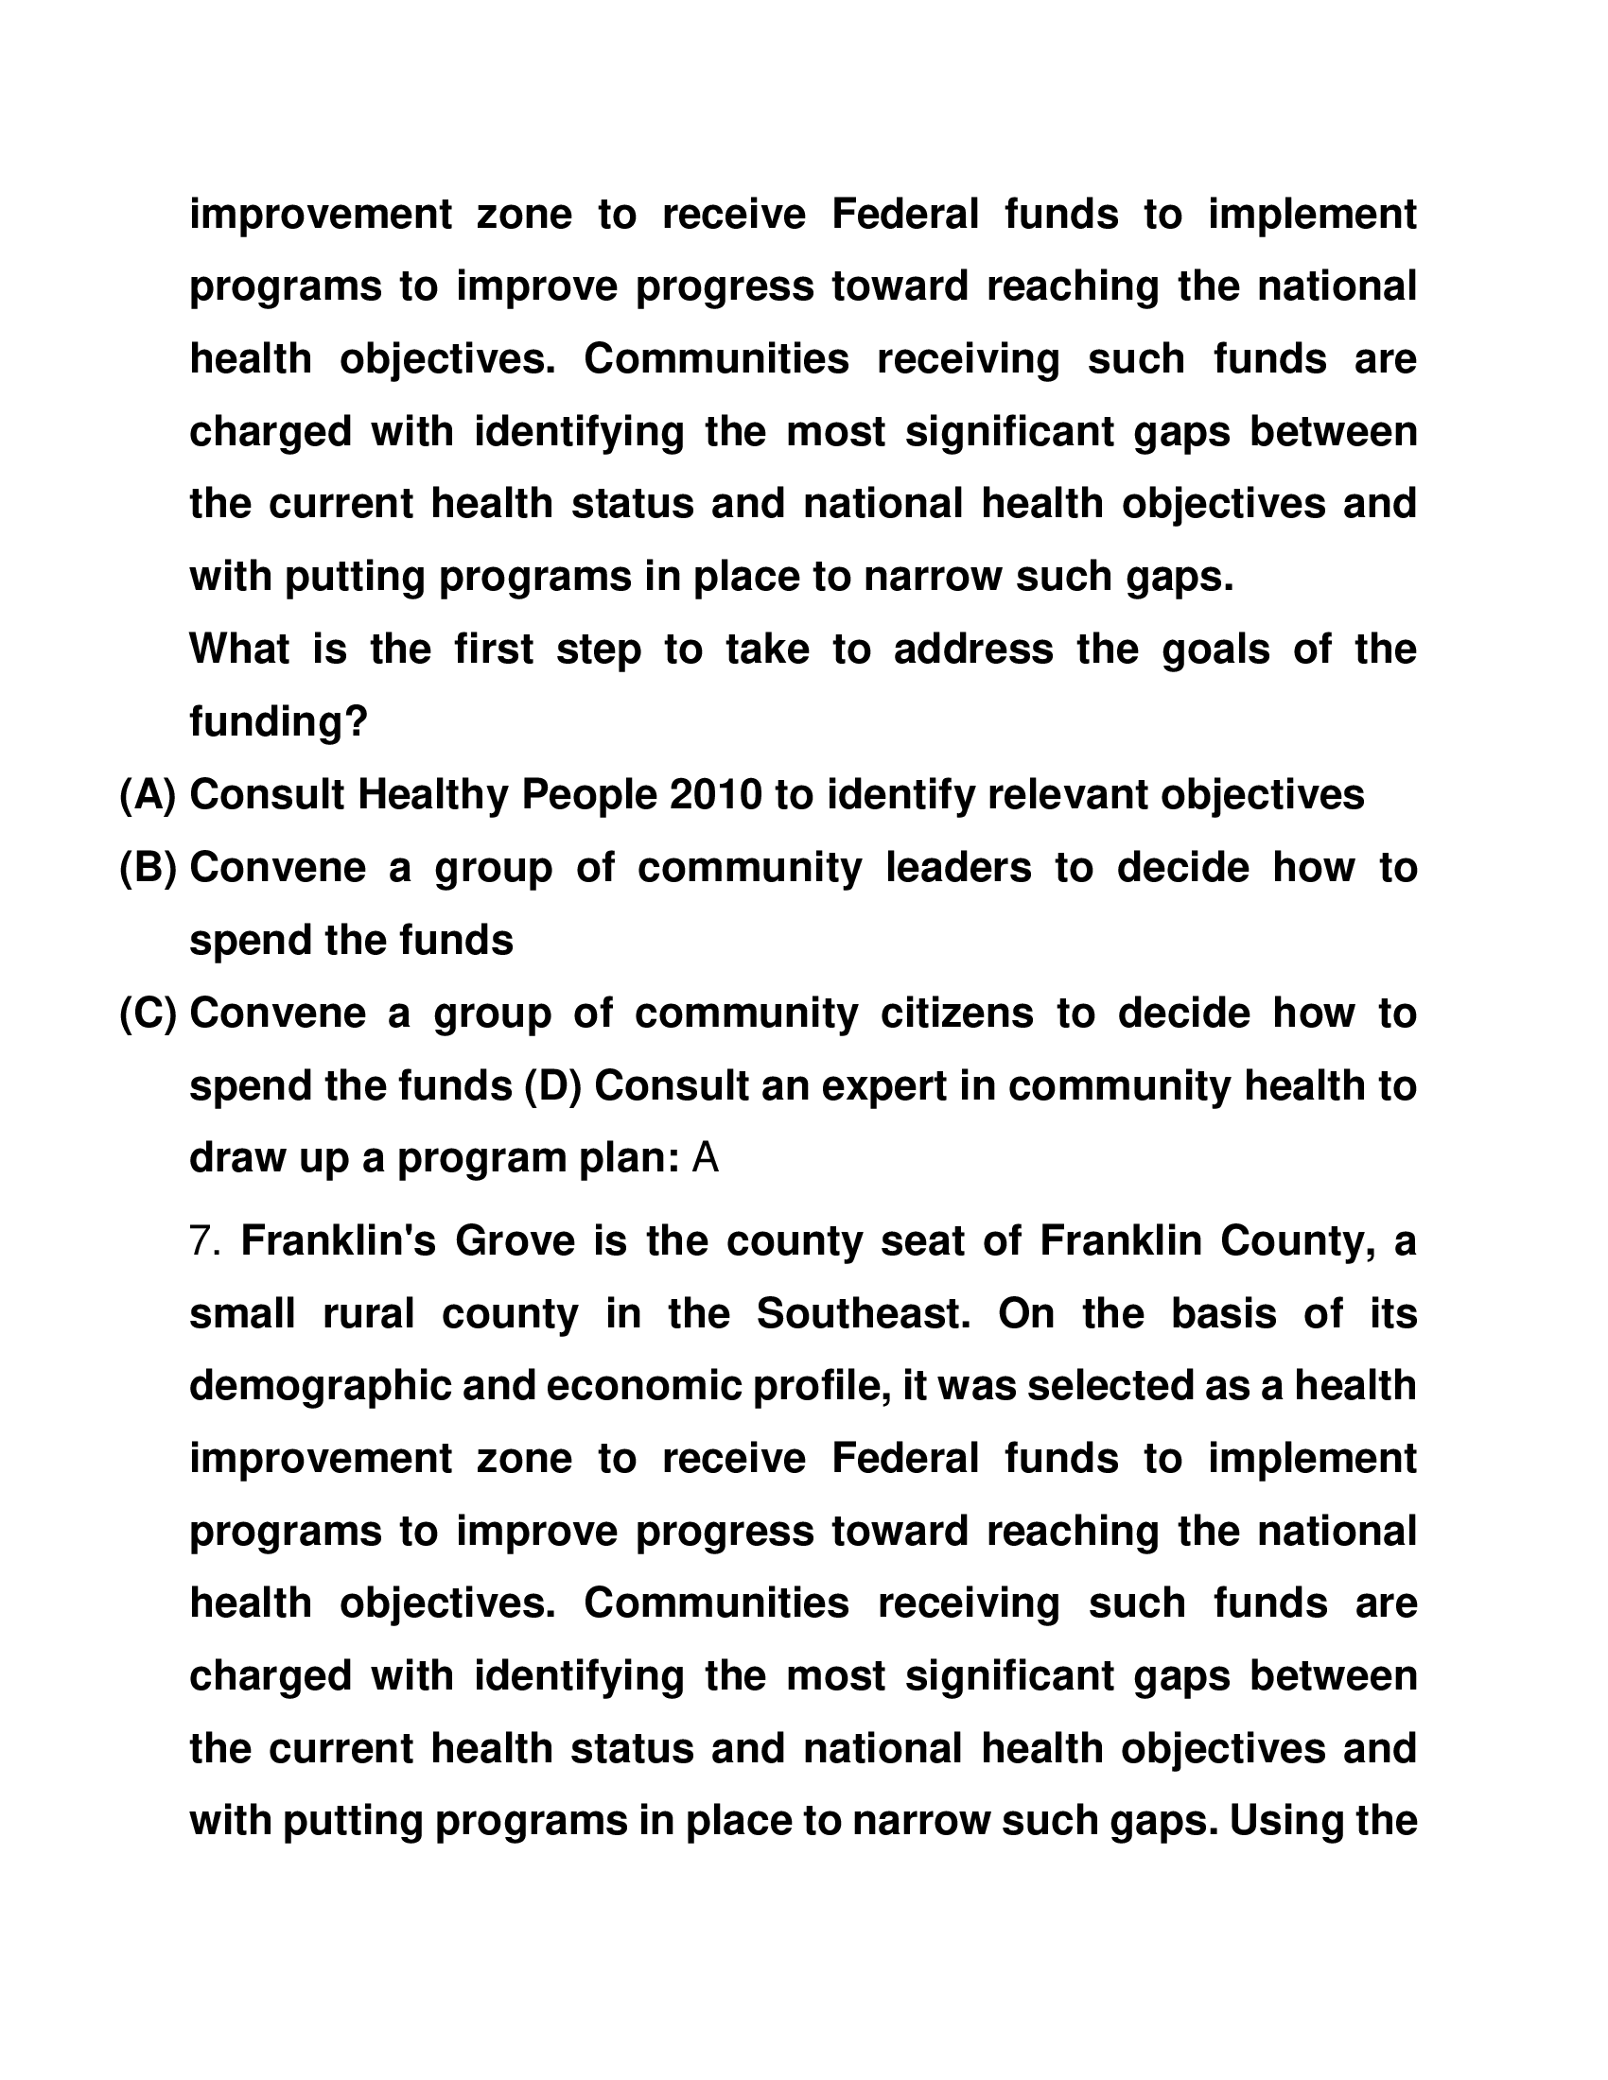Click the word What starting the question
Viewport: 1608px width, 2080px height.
point(239,650)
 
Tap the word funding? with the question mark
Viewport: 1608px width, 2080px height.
point(278,723)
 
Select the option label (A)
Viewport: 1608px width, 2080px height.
point(148,795)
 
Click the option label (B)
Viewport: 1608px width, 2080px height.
point(148,868)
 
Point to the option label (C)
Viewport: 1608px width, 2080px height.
point(148,1014)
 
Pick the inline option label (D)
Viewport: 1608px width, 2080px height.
point(552,1085)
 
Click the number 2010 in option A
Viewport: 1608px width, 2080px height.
point(715,795)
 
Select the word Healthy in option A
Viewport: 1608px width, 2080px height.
point(433,795)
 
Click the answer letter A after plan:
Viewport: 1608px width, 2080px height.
point(705,1158)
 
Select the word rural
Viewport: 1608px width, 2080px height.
point(369,1314)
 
